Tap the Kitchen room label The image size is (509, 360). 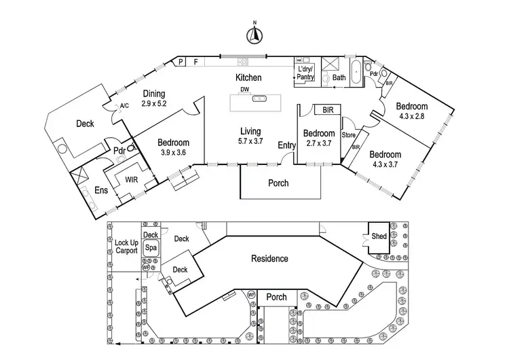pos(248,78)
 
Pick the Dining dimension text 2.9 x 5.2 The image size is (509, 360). pos(154,104)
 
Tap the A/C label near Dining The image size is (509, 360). pos(124,106)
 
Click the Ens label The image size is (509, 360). pos(101,191)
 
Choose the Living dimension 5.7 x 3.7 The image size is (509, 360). pos(250,141)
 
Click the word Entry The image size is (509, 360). pos(287,145)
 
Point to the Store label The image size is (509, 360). pos(349,134)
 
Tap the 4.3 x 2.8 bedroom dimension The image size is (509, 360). pos(412,117)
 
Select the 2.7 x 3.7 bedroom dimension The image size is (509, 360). pos(318,143)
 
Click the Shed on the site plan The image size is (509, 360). pos(379,236)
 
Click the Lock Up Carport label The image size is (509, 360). pos(126,247)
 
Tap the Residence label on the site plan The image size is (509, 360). pos(269,259)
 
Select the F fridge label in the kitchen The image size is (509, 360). pos(196,62)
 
